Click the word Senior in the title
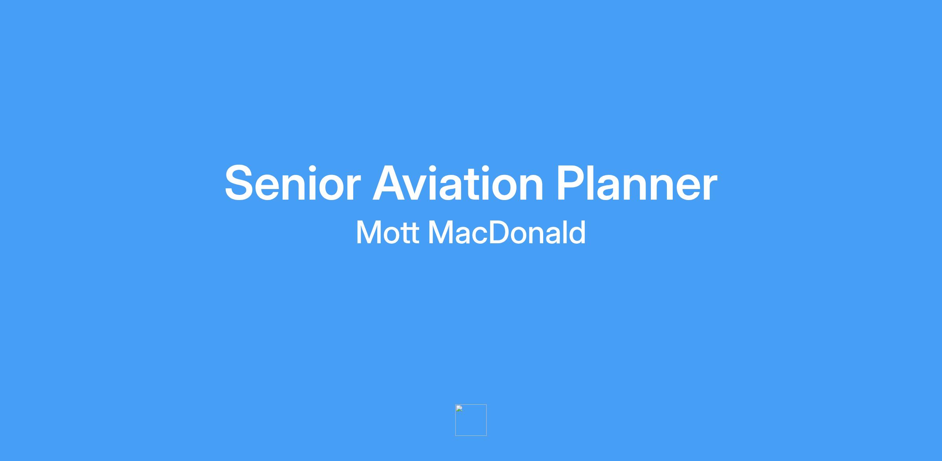(x=292, y=183)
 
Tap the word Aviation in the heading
(x=458, y=183)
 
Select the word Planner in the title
(x=637, y=183)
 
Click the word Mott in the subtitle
(x=387, y=233)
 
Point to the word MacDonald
(x=507, y=232)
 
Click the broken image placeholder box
(x=471, y=420)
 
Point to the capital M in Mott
(x=367, y=233)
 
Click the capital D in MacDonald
(x=501, y=233)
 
